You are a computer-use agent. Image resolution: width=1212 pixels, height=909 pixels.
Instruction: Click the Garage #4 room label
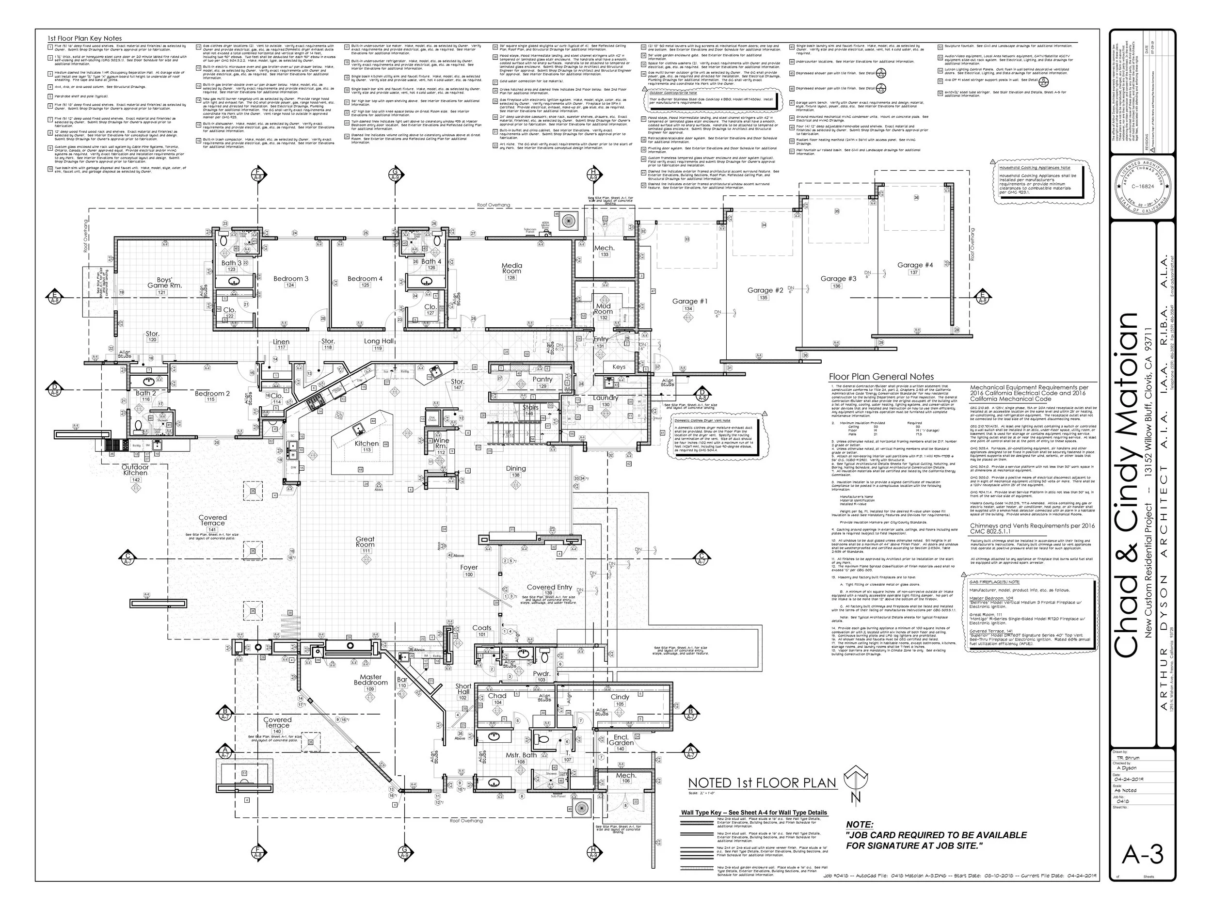point(914,265)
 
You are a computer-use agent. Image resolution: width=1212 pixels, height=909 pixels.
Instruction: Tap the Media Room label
point(512,269)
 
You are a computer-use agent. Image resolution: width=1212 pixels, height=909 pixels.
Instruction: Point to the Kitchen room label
point(367,444)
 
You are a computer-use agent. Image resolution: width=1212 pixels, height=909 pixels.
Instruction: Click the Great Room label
point(365,542)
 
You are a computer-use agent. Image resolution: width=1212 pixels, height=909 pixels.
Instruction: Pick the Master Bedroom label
point(370,680)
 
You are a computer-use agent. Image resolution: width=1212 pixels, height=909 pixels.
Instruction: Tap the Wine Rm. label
point(441,443)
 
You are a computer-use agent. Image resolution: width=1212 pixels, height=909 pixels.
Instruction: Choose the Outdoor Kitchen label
point(135,470)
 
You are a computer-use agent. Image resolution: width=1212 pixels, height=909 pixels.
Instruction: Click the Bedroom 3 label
point(291,279)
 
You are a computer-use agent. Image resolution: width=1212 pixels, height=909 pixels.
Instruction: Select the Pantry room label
point(542,379)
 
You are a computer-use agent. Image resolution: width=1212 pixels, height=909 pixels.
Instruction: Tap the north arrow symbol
point(855,783)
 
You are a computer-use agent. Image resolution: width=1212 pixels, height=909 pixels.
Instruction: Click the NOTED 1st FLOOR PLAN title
point(762,783)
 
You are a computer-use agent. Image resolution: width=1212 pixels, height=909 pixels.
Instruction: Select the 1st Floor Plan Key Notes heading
point(84,39)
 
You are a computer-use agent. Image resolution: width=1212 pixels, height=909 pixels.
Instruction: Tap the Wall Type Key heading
point(753,813)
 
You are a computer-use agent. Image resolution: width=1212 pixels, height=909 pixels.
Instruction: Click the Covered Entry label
point(549,588)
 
